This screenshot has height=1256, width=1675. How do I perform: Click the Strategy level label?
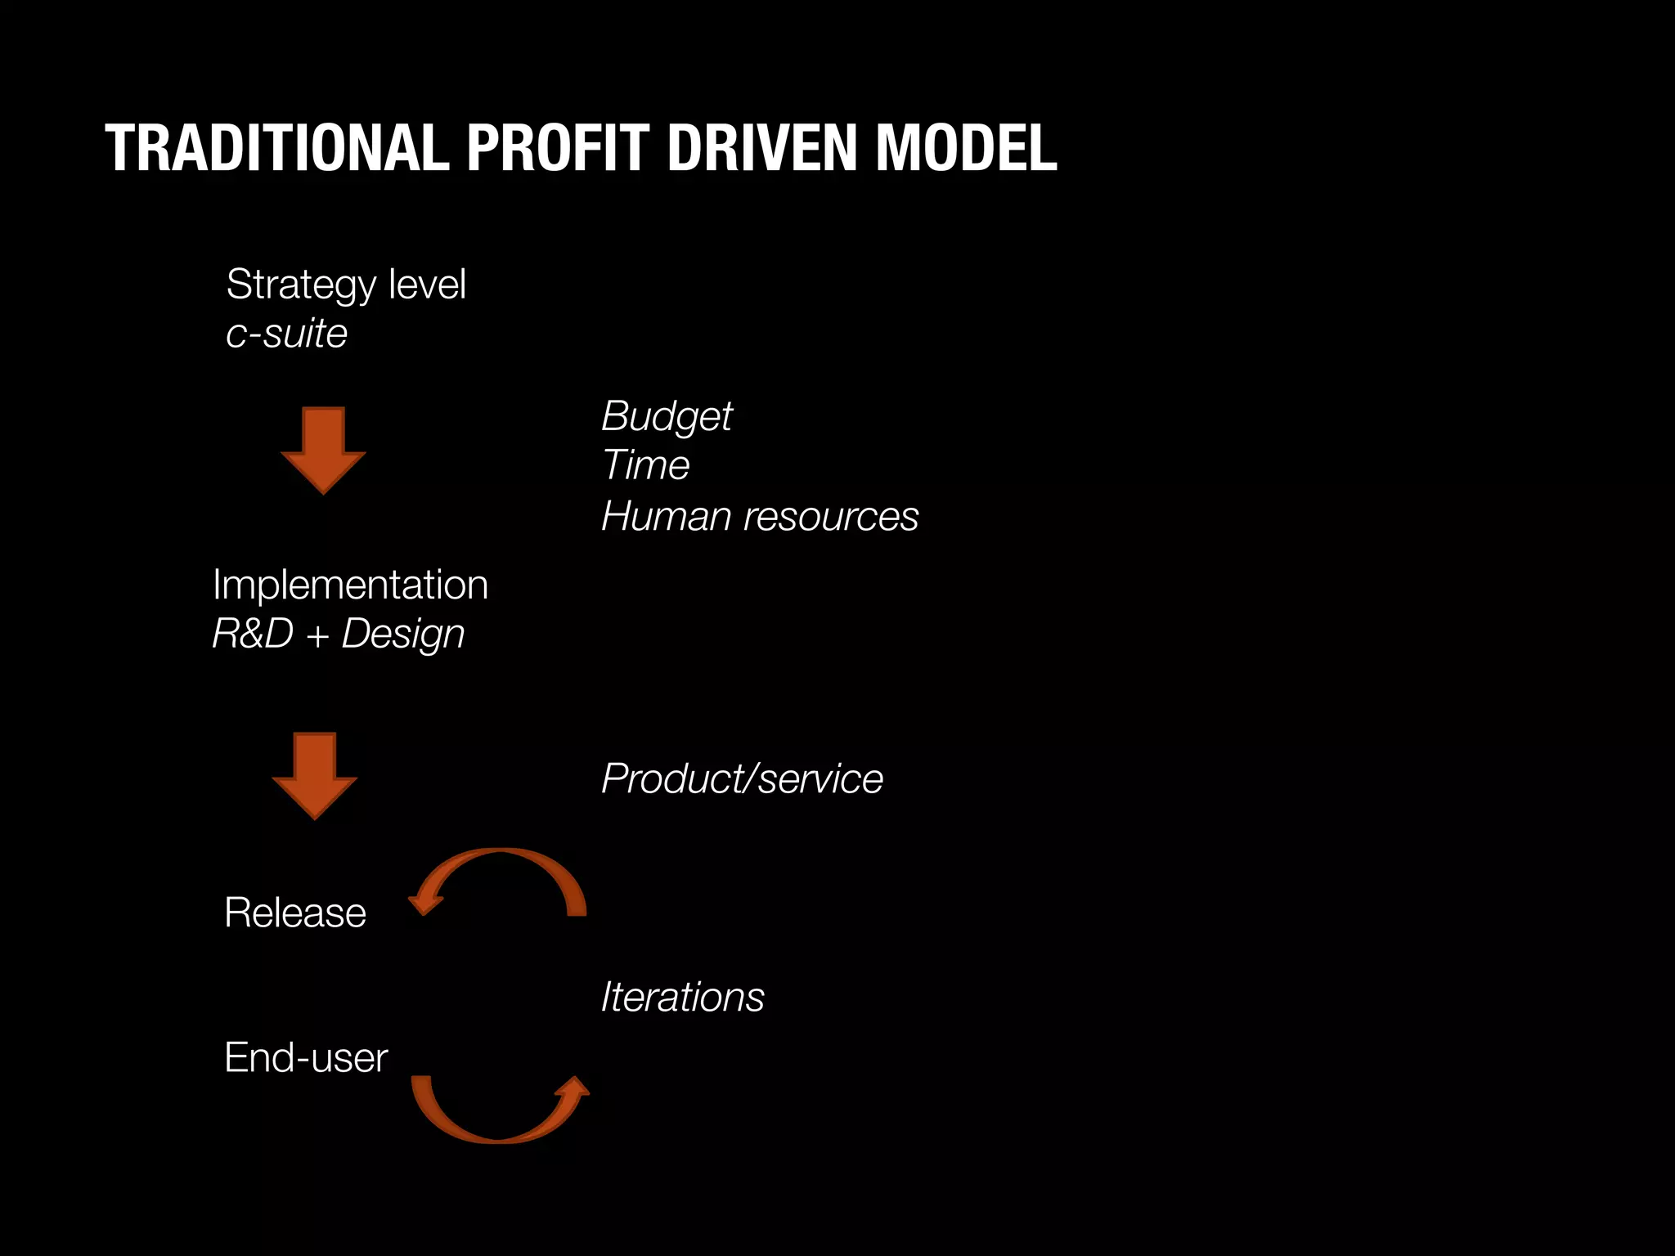(x=346, y=285)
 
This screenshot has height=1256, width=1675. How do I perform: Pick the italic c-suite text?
(x=286, y=334)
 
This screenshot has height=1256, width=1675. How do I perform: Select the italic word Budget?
(x=667, y=416)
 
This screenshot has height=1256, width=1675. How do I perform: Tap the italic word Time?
(x=645, y=465)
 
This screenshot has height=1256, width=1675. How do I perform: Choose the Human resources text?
(x=760, y=516)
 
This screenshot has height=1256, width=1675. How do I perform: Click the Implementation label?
(x=350, y=585)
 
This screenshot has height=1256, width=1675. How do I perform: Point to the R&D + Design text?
(x=338, y=634)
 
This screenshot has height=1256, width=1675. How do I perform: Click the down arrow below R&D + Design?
(x=315, y=774)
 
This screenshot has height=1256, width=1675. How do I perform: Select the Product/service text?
(x=742, y=778)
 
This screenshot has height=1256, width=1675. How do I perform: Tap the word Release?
(x=295, y=913)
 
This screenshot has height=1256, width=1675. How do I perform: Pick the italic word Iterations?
(x=682, y=997)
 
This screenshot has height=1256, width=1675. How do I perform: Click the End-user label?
(x=306, y=1057)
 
